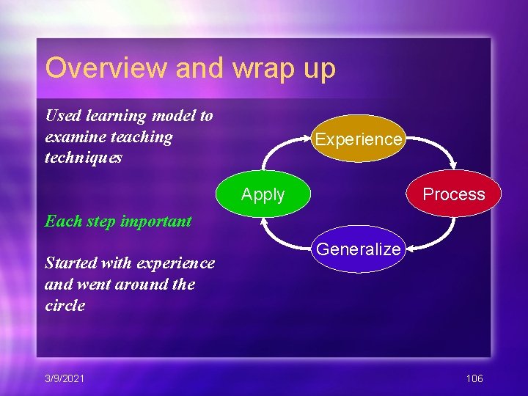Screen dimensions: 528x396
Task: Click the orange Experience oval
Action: (359, 139)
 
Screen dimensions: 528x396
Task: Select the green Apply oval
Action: (263, 194)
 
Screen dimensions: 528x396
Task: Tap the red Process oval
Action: (454, 194)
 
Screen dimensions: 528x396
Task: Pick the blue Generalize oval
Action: (359, 249)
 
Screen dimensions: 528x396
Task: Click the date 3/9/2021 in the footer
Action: (65, 378)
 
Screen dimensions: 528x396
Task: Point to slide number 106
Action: (474, 378)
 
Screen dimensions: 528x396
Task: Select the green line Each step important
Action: (118, 221)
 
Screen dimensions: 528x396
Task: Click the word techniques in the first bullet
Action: (84, 158)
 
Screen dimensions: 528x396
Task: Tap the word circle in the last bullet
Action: (65, 305)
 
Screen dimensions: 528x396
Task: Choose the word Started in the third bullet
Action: (71, 263)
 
